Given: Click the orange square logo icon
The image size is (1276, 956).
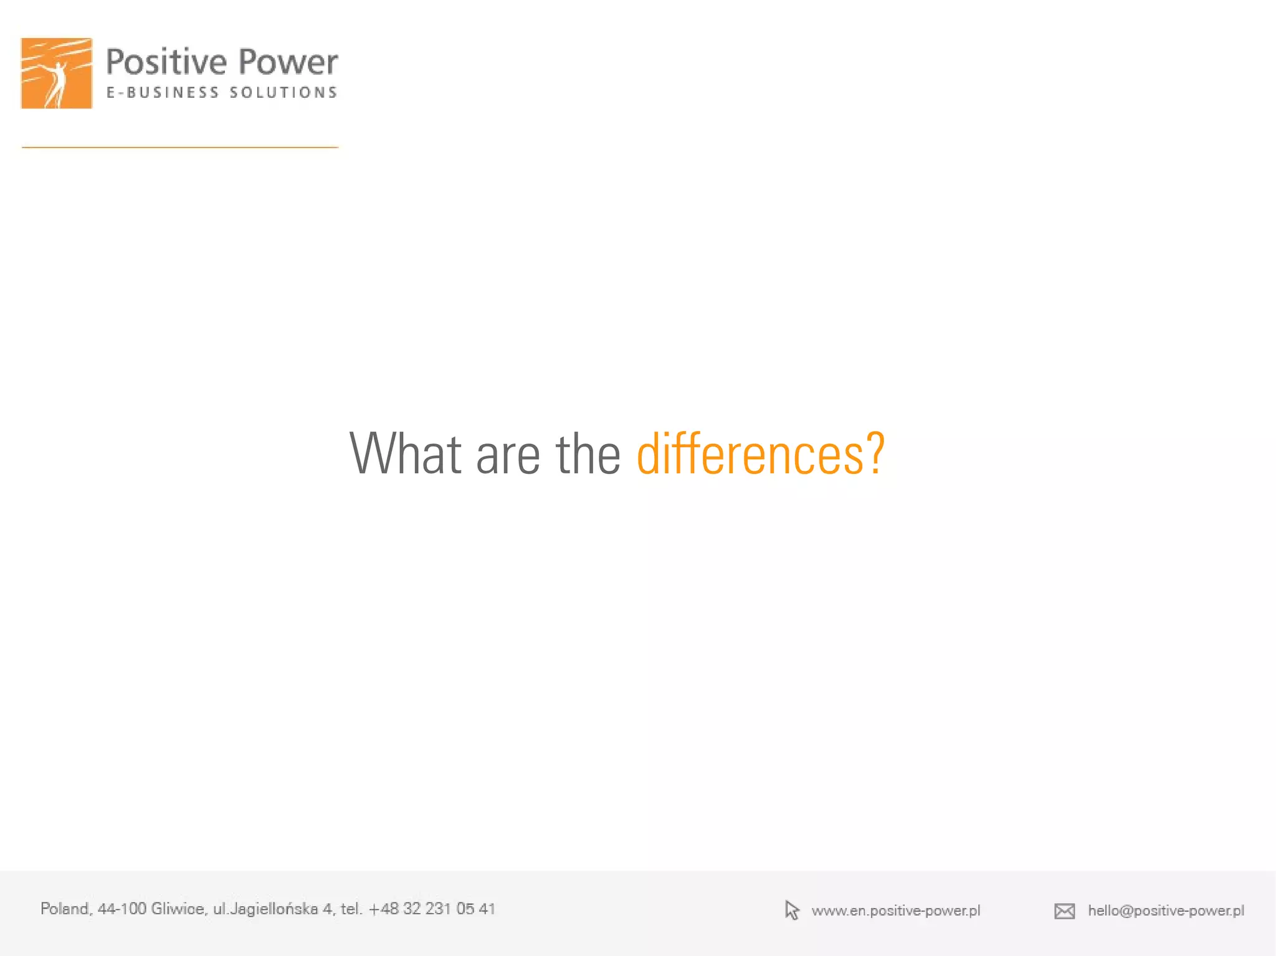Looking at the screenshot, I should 57,73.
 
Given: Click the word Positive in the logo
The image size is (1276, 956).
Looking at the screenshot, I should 166,63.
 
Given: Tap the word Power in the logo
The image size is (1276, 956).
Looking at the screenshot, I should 288,63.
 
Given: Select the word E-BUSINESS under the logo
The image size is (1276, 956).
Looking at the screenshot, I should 163,93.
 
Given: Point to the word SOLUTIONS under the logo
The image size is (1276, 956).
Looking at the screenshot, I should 283,93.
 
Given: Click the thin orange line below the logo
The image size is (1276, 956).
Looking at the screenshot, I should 180,148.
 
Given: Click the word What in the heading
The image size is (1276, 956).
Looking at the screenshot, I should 406,454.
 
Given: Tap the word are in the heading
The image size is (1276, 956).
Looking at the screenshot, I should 508,455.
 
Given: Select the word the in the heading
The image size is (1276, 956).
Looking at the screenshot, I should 588,454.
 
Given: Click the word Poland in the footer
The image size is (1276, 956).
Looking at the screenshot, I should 65,909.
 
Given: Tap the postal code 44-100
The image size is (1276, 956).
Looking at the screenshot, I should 121,909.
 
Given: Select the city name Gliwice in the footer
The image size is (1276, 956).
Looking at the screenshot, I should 178,909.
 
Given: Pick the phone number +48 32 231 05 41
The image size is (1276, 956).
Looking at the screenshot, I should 432,909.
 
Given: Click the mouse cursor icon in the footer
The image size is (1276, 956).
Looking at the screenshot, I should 792,911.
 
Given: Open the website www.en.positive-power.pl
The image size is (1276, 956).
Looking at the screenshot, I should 896,911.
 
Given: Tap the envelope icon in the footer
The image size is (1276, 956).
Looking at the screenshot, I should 1065,911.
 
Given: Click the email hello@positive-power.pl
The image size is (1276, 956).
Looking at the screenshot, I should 1166,911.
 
